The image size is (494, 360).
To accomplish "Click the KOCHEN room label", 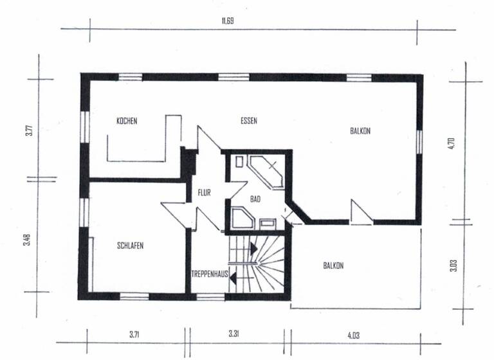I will [127, 121].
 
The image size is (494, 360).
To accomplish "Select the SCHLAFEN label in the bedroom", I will [130, 246].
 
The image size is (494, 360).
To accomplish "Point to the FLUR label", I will [204, 192].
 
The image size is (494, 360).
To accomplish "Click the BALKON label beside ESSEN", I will [360, 130].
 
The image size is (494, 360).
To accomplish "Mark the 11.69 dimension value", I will [227, 21].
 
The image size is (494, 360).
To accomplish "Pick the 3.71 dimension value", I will [134, 335].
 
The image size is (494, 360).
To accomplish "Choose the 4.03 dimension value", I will [353, 335].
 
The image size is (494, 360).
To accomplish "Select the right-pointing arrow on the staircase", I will [254, 246].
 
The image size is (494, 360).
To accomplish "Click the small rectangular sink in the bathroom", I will [266, 223].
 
